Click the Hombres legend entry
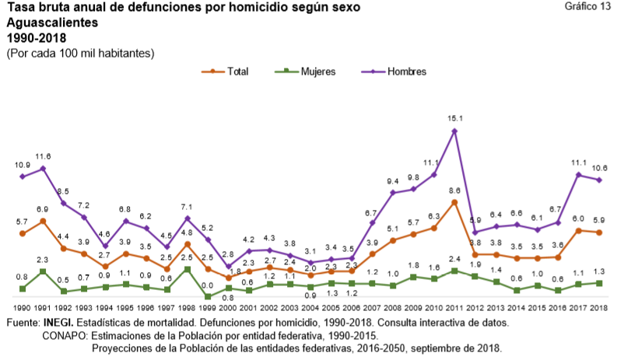(399, 72)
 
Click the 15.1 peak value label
(454, 118)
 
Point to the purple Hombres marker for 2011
(454, 131)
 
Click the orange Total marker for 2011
(454, 202)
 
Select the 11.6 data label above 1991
(43, 156)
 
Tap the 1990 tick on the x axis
(23, 309)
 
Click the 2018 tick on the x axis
(599, 309)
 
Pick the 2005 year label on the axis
(331, 309)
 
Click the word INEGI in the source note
(59, 322)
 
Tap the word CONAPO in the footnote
(64, 335)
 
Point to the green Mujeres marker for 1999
(208, 296)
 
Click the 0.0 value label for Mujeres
(208, 285)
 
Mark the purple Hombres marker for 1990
(23, 177)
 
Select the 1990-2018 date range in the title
(36, 37)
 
